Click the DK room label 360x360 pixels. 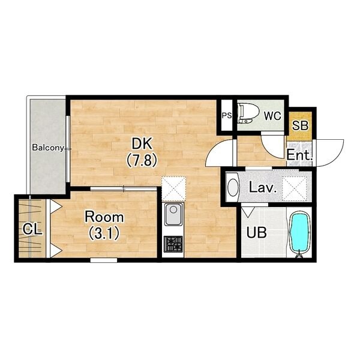point(142,144)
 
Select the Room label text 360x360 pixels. point(104,217)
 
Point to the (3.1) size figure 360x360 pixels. point(104,233)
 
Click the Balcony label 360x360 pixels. point(48,148)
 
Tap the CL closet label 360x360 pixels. point(32,229)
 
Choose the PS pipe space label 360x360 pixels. point(227,116)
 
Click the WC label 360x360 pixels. point(272,116)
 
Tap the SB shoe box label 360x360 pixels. point(300,125)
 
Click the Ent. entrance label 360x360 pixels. point(299,155)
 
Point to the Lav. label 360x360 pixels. point(262,187)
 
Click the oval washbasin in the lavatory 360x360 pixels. point(233,188)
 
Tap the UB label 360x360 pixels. point(256,232)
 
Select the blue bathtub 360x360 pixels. point(300,233)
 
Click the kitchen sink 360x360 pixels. point(173,214)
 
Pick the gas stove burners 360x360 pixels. point(173,244)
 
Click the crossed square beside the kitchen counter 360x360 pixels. point(173,188)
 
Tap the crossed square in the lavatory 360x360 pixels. point(294,185)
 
